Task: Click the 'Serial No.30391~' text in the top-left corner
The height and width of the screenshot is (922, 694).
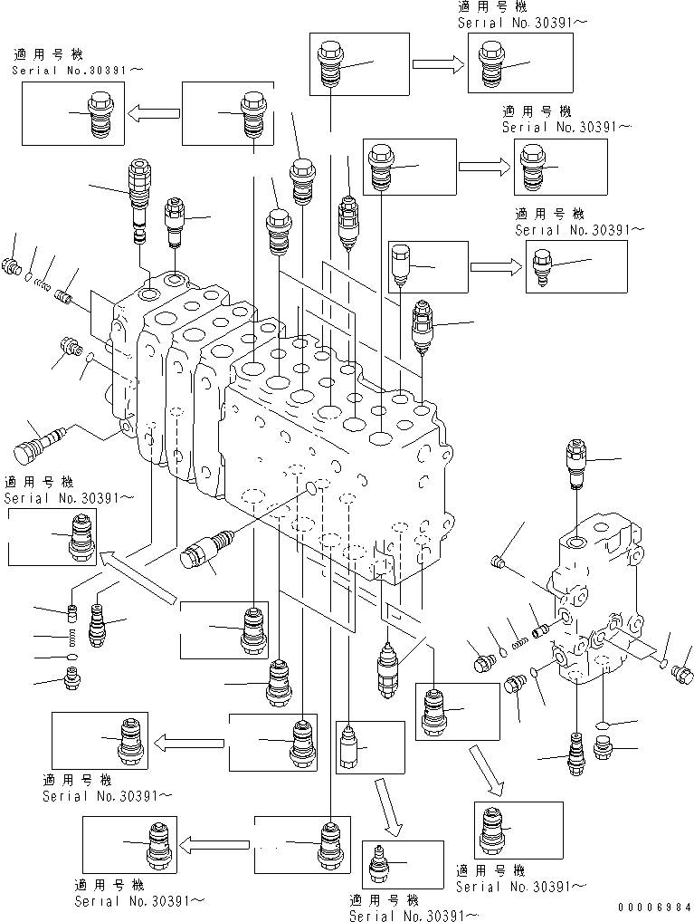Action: tap(77, 69)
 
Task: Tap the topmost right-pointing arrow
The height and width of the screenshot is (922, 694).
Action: tap(438, 63)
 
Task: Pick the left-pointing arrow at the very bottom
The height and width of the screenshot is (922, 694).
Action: tap(216, 844)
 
